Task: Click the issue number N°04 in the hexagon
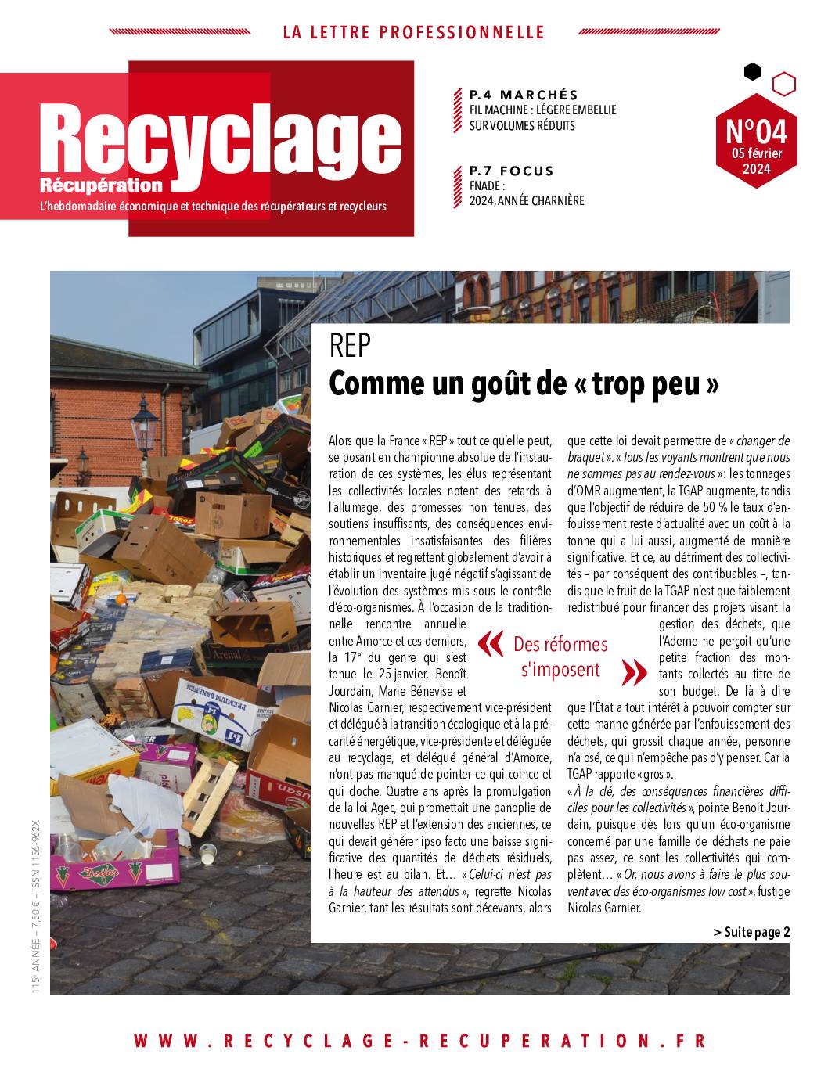coord(756,130)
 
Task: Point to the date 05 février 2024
coord(757,160)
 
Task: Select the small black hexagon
coord(752,72)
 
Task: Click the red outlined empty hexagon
coord(783,84)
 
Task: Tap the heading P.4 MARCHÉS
coord(523,95)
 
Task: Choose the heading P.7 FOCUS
coord(511,171)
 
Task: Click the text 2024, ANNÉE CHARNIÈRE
coord(527,201)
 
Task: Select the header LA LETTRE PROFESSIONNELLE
coord(413,32)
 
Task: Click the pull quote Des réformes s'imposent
coord(560,657)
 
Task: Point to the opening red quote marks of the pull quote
coord(490,643)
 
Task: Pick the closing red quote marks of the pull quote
coord(633,671)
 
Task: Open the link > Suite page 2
coord(751,931)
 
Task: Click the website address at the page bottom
coord(419,1041)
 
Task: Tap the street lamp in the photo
coord(144,423)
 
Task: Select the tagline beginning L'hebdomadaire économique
coord(213,207)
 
